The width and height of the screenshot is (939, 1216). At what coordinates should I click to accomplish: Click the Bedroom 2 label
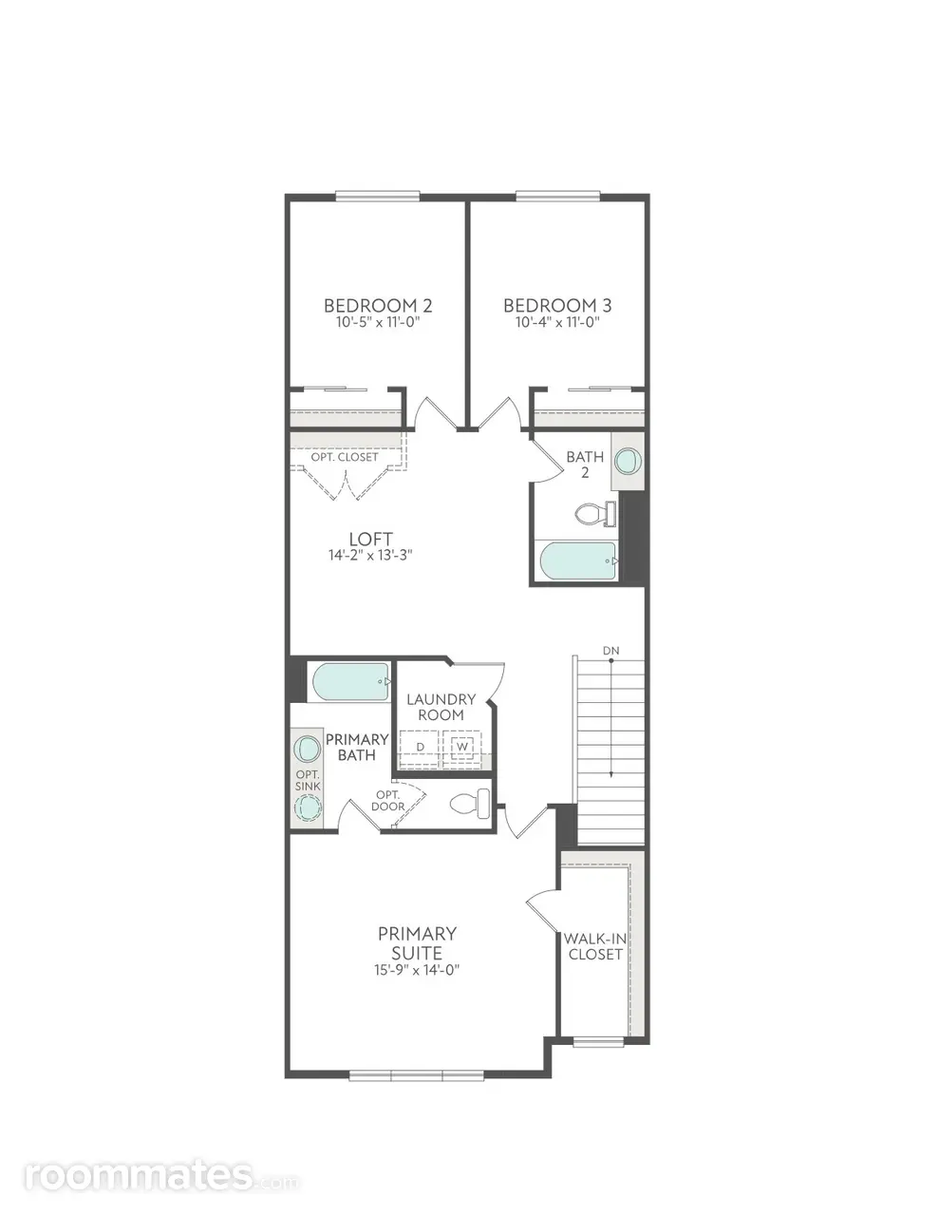[378, 306]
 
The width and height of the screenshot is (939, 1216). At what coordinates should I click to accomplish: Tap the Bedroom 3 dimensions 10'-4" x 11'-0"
[557, 322]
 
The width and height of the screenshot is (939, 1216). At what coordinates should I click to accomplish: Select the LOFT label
[371, 539]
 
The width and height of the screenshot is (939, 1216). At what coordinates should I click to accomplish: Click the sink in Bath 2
[628, 461]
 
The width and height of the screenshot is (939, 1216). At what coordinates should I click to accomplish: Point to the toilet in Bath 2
[596, 514]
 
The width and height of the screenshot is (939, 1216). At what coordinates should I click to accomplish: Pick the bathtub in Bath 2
[579, 561]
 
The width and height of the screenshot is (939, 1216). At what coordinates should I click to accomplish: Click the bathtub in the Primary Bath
[351, 681]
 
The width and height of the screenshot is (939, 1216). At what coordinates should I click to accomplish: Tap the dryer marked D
[421, 747]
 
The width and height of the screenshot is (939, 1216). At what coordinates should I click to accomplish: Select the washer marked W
[462, 747]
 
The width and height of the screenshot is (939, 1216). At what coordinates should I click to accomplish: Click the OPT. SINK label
[308, 781]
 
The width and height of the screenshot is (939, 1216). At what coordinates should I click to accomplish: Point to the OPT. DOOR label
[388, 801]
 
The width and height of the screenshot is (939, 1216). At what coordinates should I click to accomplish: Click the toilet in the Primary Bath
[470, 803]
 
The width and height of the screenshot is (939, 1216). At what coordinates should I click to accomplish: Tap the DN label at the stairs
[611, 651]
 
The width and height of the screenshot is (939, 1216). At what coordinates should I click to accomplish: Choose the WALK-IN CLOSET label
[595, 946]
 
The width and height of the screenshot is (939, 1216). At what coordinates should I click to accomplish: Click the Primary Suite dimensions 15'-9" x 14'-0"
[417, 970]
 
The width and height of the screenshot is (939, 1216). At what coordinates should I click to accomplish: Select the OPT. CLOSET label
[345, 457]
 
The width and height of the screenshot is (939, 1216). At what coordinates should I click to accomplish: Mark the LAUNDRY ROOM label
[441, 707]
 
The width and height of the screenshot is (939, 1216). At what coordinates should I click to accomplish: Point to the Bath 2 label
[585, 465]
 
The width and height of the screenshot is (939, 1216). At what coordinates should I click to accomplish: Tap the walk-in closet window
[598, 1042]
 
